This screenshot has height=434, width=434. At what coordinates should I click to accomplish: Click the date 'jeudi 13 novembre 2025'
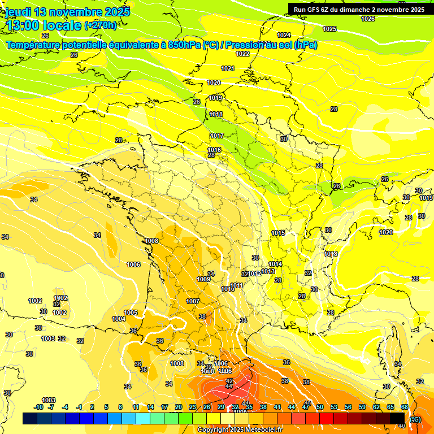(68, 11)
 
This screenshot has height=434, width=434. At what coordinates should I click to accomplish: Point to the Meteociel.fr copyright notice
(240, 429)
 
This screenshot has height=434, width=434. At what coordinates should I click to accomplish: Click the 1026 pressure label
(368, 19)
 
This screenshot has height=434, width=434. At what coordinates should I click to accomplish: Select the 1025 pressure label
(329, 29)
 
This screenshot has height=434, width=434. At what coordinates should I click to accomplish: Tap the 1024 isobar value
(284, 35)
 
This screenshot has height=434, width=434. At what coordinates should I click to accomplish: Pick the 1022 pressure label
(242, 54)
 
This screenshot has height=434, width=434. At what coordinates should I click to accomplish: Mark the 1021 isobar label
(228, 68)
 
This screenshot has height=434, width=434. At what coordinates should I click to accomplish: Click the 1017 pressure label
(218, 136)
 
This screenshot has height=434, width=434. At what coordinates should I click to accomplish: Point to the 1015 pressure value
(278, 233)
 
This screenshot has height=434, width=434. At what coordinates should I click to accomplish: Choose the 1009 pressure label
(203, 279)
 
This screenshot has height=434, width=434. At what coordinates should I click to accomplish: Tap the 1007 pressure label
(193, 301)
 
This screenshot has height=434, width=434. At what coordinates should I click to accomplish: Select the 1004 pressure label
(119, 319)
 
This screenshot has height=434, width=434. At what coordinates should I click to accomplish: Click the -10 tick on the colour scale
(38, 407)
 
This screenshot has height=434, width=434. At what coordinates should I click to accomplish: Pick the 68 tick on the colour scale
(405, 407)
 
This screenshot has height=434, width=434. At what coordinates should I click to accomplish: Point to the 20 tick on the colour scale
(178, 407)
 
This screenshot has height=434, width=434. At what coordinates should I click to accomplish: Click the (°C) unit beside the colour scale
(415, 419)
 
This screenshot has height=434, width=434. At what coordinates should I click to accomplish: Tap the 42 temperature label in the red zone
(229, 381)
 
